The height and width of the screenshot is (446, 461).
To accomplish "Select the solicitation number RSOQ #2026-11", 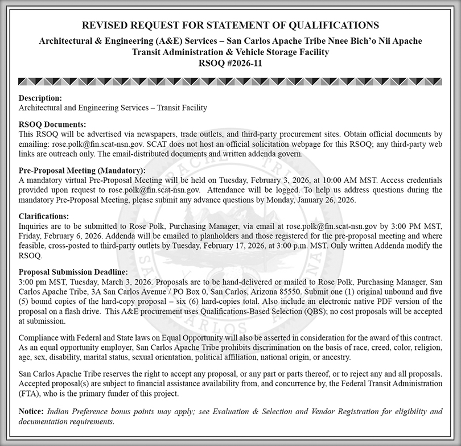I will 230,63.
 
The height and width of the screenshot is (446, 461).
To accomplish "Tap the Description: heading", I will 40,98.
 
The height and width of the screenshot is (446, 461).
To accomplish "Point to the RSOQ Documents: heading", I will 52,124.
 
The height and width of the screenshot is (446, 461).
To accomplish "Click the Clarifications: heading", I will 43,216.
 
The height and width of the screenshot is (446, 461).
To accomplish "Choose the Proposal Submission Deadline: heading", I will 73,272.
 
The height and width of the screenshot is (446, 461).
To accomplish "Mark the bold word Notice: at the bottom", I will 31,411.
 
